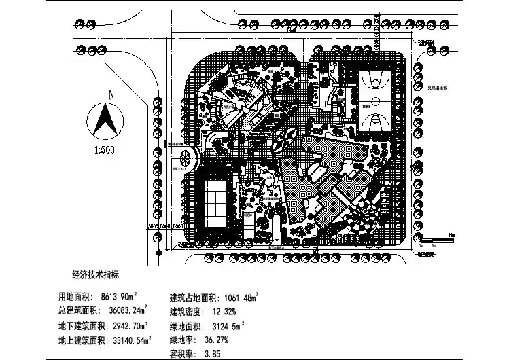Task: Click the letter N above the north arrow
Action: pos(109,94)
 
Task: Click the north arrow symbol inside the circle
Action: pos(107,120)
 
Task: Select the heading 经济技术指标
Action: pos(95,276)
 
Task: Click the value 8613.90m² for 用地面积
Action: pos(119,297)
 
